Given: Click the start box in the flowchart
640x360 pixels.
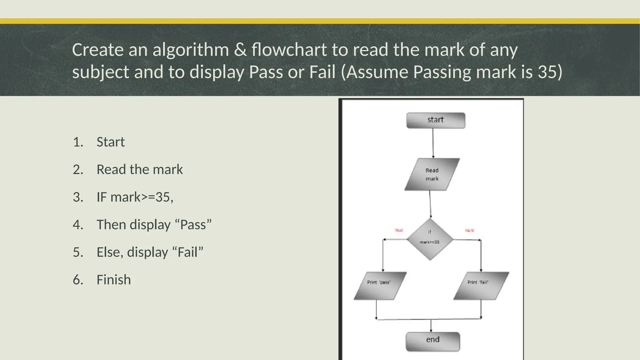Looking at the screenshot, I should point(436,120).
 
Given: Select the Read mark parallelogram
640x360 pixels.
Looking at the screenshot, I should point(432,174).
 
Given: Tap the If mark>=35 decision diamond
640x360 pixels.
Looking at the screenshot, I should point(430,239).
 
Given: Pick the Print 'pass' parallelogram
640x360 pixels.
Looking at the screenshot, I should point(380,286).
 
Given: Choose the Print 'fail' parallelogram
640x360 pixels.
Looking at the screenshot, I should point(481,286).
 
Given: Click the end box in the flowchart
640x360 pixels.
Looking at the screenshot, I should point(433,342).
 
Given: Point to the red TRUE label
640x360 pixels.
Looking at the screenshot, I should point(399,231).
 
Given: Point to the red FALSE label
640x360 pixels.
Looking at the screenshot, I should point(469,231).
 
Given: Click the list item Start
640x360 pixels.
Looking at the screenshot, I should point(111,142).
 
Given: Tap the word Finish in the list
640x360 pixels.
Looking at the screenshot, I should point(114,280).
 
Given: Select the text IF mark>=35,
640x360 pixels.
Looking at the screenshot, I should point(135,197).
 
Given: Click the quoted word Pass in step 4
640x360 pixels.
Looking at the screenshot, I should point(193,225).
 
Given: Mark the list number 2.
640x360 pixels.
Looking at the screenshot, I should point(78,169).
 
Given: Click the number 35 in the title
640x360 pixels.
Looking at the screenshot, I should point(547,72).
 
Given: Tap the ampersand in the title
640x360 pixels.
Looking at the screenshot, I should point(240,50).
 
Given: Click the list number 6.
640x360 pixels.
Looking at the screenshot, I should point(78,280).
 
